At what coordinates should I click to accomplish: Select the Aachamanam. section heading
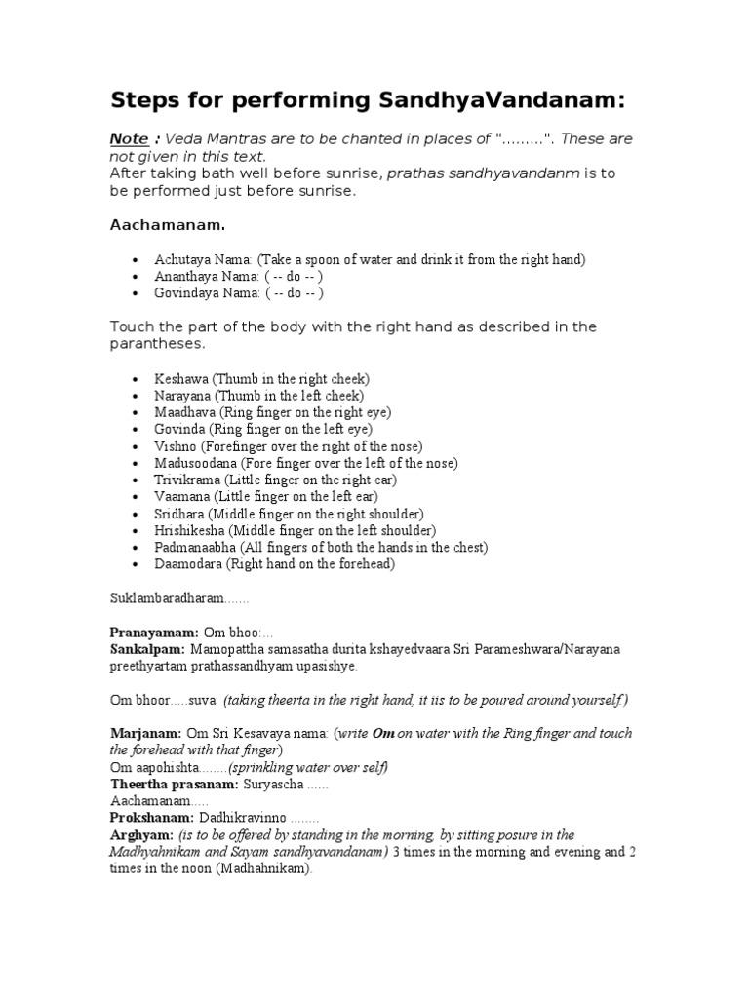[x=167, y=225]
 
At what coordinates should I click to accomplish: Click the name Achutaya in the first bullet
[x=180, y=259]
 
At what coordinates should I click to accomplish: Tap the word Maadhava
[x=183, y=412]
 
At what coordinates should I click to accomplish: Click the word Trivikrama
[x=187, y=480]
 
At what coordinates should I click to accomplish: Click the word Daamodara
[x=188, y=563]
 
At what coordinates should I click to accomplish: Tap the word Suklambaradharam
[x=166, y=596]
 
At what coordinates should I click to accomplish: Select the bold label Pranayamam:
[x=154, y=633]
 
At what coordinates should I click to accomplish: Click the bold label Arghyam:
[x=142, y=834]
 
